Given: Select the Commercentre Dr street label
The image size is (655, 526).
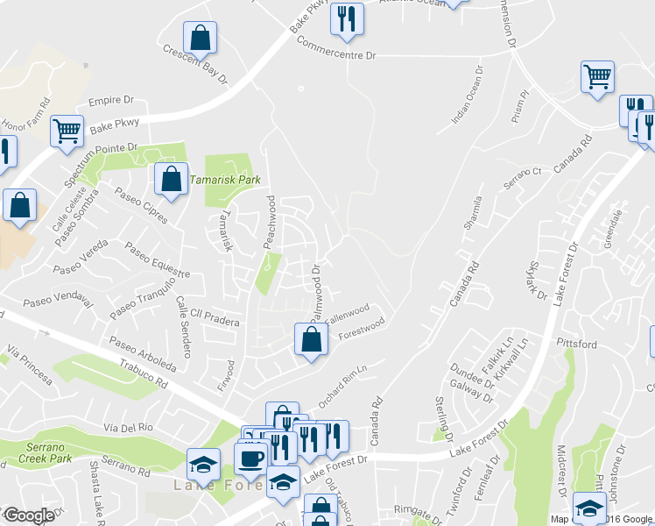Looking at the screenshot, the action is [335, 47].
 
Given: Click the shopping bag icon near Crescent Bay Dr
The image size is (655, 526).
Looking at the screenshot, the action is [201, 38].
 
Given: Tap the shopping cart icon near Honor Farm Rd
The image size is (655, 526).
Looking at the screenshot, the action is [67, 131].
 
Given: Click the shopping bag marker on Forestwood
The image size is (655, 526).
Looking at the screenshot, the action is [311, 340].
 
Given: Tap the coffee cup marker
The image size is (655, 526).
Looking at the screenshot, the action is [251, 458].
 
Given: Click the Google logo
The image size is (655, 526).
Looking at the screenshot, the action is [28, 515].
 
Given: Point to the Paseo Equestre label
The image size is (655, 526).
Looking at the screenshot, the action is [158, 260].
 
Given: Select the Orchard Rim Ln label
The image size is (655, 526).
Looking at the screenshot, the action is [342, 385].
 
